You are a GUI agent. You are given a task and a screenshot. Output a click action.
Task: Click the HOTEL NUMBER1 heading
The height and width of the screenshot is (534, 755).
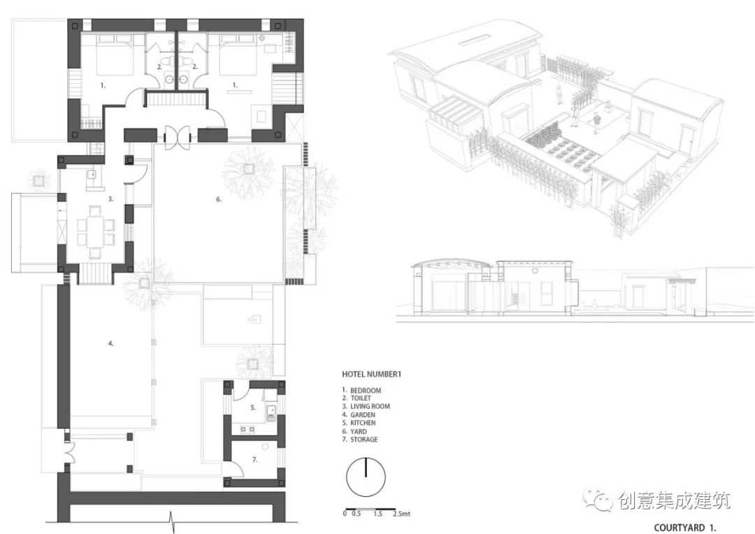click(x=371, y=374)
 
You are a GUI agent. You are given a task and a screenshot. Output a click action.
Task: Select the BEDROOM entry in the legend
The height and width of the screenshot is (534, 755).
click(x=366, y=391)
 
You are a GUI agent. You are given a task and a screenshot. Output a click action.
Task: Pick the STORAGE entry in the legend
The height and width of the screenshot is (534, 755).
click(x=364, y=439)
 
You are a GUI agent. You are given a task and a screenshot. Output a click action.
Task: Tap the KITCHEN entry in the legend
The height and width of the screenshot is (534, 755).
click(x=363, y=423)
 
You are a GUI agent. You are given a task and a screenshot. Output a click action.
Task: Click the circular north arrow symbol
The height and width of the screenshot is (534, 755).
click(x=366, y=477)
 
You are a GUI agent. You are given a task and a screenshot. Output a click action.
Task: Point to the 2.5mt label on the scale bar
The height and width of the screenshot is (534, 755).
click(x=401, y=514)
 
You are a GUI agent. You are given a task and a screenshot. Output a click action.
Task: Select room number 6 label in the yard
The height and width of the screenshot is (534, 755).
click(x=219, y=199)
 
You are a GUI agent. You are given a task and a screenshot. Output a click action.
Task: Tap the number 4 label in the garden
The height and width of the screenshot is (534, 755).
click(x=110, y=343)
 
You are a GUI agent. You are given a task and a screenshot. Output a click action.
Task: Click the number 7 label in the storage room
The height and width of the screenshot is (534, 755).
click(x=254, y=460)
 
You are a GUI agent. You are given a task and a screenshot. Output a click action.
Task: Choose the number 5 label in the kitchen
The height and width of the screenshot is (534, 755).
click(x=253, y=407)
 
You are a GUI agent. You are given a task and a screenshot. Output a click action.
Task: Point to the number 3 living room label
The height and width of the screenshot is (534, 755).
click(x=110, y=199)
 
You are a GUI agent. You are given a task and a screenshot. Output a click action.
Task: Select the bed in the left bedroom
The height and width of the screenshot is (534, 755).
click(x=115, y=55)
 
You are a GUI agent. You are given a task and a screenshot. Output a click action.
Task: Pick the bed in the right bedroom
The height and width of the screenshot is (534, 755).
click(x=238, y=55)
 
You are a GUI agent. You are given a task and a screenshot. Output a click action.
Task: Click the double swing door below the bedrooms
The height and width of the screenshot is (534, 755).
click(x=178, y=136)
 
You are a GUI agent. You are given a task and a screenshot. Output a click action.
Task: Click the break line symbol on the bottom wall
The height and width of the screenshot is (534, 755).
click(x=173, y=522)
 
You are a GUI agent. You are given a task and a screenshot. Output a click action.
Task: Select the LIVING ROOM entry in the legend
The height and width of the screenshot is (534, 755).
click(x=370, y=406)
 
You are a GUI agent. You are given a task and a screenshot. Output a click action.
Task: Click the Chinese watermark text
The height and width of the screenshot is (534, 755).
click(x=674, y=501)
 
